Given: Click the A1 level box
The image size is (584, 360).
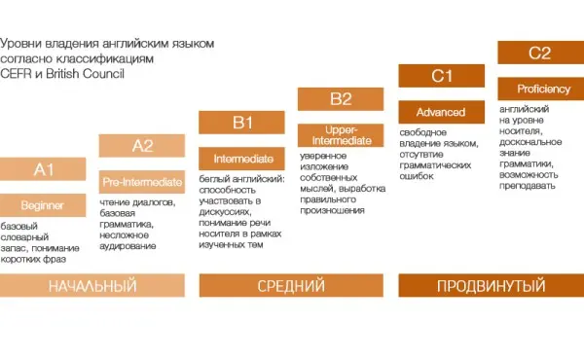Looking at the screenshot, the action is coord(43,169).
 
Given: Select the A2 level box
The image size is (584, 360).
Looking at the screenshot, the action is coord(143,146).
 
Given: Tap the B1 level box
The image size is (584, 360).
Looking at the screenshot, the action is coord(241,122).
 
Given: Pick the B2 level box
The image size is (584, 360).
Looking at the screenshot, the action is coord(341,98).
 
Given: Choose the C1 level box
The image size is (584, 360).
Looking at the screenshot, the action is coord(442,75).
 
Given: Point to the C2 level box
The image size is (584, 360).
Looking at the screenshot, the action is coord(539,53).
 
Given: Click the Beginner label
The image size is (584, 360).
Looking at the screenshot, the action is coord(43,204).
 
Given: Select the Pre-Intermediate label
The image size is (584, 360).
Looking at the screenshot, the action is coord(143,181).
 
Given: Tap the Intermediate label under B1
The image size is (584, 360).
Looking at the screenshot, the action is coord(241,158).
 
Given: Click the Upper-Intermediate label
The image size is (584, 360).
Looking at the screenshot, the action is coord(341,134).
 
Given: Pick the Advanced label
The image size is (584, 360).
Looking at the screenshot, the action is coord(442,112).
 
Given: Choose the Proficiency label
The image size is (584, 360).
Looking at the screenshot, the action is coord(539,89).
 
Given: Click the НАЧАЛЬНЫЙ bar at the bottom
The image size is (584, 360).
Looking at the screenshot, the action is coord(92,286).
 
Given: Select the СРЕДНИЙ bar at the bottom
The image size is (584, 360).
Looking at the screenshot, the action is coord(291,286).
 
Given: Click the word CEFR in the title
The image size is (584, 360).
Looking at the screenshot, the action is coord(18,72).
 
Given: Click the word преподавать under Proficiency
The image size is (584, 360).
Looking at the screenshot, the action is coord(527,186).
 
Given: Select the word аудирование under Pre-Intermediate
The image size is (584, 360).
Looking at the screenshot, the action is coord(128,245).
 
